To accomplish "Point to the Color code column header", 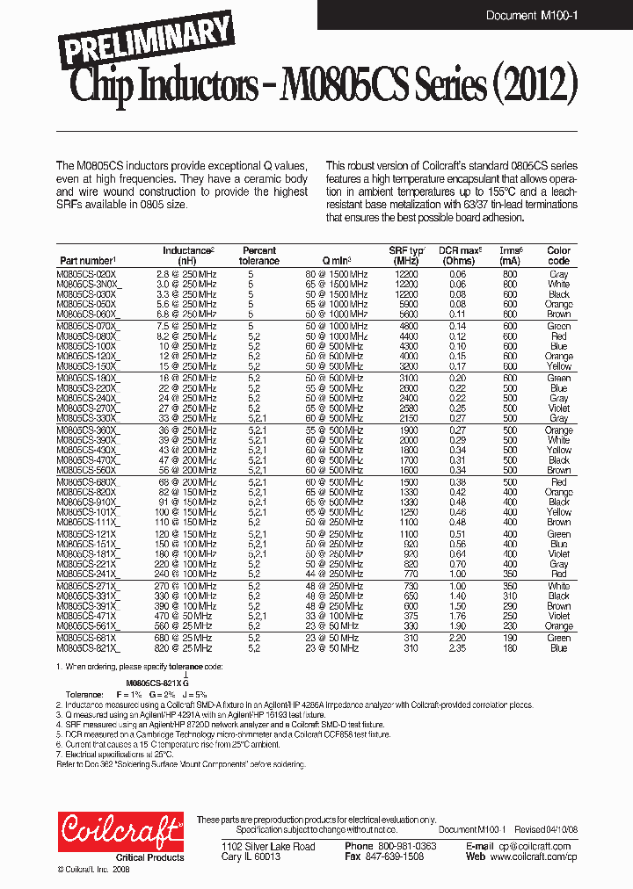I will point(558,256).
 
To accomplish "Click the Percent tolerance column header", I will point(259,256).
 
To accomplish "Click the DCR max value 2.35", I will point(458,648).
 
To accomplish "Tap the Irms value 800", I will point(510,275).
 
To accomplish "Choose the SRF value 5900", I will point(407,304).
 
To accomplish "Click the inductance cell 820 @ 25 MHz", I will point(186,648).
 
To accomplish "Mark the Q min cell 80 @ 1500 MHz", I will point(337,275).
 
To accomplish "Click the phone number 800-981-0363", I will point(401,847).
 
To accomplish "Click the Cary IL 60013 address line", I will point(251,856).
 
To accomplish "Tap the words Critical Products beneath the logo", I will point(150,857).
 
